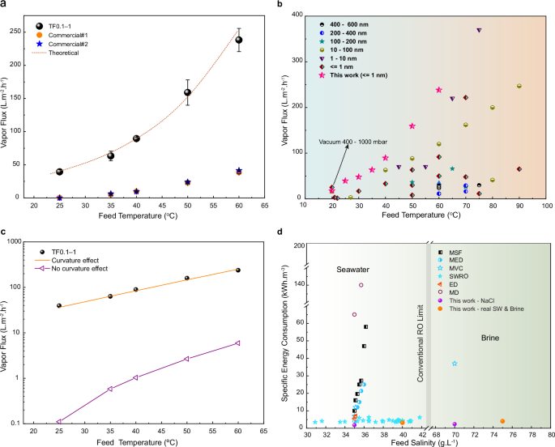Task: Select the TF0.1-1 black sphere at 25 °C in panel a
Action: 59,172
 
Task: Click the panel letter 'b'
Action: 301,5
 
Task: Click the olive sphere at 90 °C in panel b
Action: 519,86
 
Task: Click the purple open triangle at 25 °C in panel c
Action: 59,421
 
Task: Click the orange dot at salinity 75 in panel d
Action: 502,421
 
